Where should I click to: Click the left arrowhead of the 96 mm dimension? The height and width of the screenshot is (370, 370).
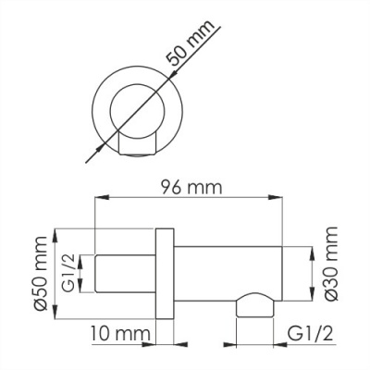pos(100,198)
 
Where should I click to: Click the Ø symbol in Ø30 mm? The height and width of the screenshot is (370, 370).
pos(330,295)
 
